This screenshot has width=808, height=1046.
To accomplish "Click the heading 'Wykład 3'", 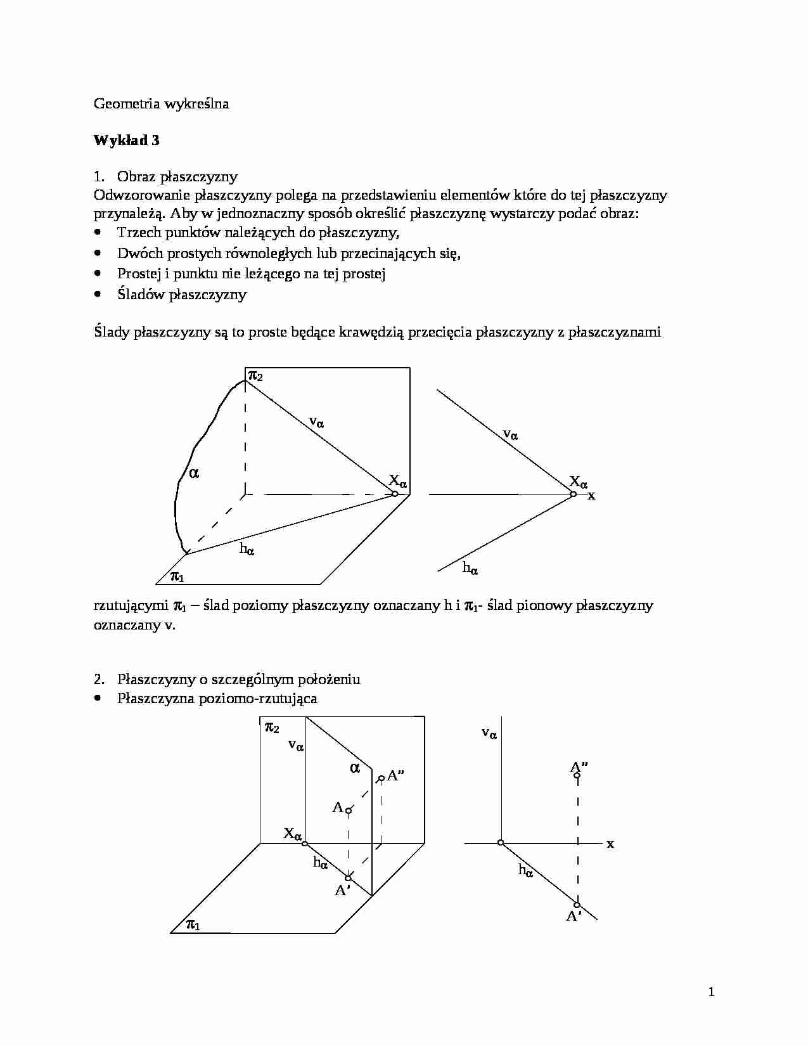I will pyautogui.click(x=126, y=140).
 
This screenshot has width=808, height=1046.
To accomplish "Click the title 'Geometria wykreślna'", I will pyautogui.click(x=161, y=103).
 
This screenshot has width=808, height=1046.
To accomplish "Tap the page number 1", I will pyautogui.click(x=711, y=992).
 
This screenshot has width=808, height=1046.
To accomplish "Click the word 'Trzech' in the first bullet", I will pyautogui.click(x=138, y=233).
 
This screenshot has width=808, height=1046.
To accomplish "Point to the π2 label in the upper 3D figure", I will pyautogui.click(x=255, y=375).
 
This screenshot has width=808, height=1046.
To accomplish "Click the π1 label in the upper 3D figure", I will pyautogui.click(x=177, y=576).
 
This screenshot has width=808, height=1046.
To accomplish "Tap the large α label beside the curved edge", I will pyautogui.click(x=194, y=472).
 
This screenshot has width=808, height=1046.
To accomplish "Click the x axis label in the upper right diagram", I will pyautogui.click(x=591, y=496).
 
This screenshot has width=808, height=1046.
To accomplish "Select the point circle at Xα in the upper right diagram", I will pyautogui.click(x=573, y=494).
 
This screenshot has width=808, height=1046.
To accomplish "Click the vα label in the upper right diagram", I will pyautogui.click(x=510, y=434).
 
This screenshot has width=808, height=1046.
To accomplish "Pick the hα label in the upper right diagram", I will pyautogui.click(x=470, y=568).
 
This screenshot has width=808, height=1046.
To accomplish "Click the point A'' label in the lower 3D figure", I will pyautogui.click(x=396, y=775).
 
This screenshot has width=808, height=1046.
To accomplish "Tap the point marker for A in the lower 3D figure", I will pyautogui.click(x=348, y=810).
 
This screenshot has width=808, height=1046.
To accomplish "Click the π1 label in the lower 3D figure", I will pyautogui.click(x=193, y=925).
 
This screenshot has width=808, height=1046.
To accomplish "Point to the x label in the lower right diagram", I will pyautogui.click(x=610, y=844).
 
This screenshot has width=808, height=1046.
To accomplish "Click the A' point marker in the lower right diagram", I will pyautogui.click(x=577, y=905).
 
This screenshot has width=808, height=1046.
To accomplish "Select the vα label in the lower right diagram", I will pyautogui.click(x=489, y=733).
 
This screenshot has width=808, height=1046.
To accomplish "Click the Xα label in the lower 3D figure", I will pyautogui.click(x=292, y=834).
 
